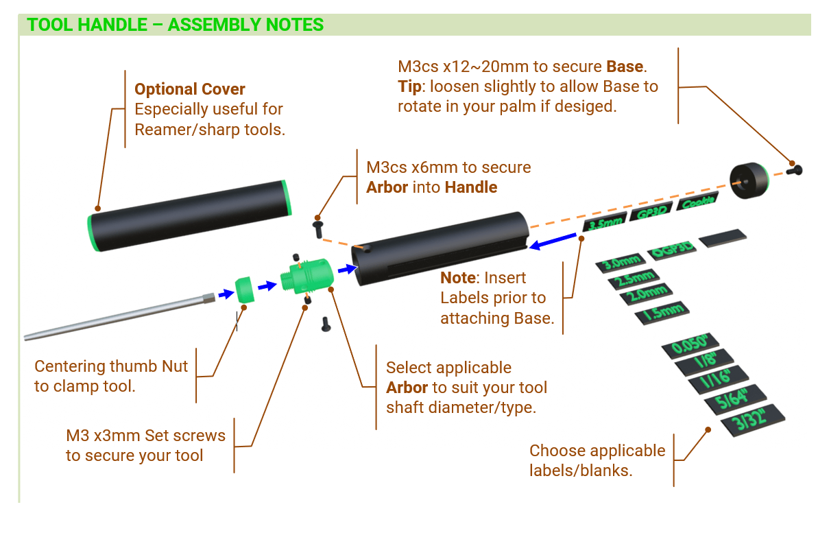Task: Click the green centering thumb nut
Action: [x=245, y=289]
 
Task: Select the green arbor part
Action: [x=307, y=276]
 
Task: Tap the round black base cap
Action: [x=749, y=180]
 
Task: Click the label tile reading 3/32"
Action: [x=753, y=420]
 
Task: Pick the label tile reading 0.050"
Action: [x=690, y=346]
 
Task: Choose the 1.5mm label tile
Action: [x=662, y=313]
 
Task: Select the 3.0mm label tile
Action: [x=621, y=263]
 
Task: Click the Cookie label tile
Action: [x=697, y=202]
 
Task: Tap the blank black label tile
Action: [x=723, y=237]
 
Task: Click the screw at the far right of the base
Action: [x=795, y=170]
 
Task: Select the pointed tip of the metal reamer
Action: [x=25, y=337]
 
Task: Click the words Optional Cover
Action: [x=189, y=89]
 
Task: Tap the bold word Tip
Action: [x=409, y=86]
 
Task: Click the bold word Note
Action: [x=458, y=278]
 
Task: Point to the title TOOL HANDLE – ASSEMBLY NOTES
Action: [x=175, y=25]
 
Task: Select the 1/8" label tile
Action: [x=704, y=362]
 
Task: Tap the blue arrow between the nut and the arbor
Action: [x=267, y=286]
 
